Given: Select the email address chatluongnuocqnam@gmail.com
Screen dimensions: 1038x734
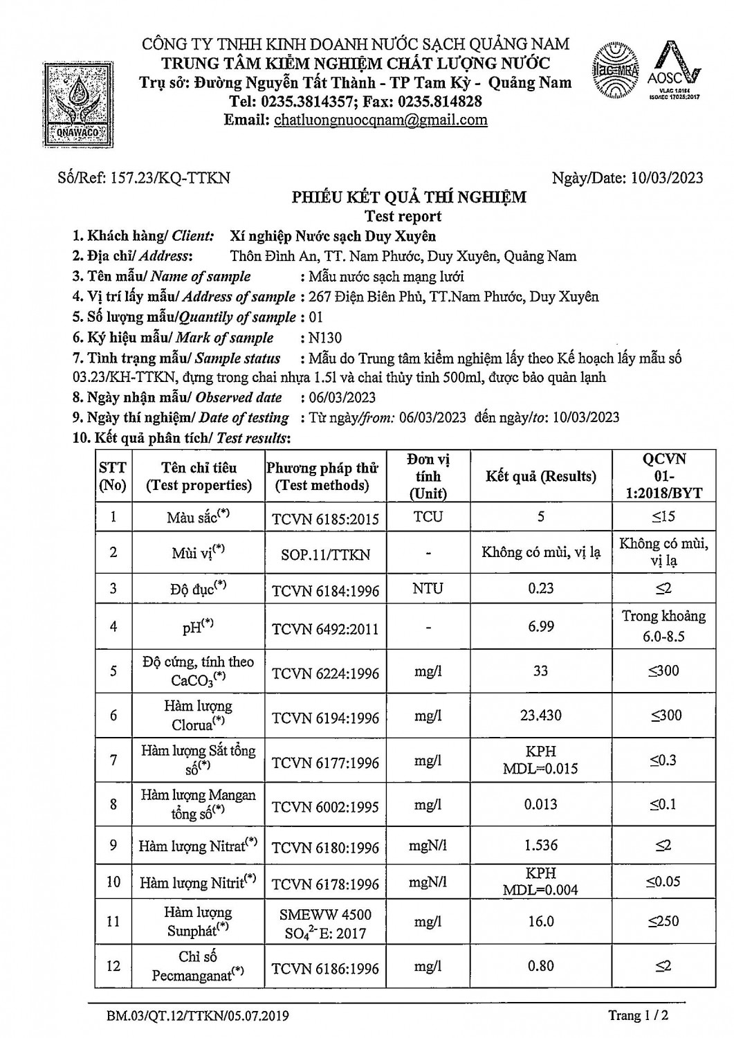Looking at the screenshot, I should (380, 120).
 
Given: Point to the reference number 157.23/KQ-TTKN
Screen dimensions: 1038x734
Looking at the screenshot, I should (169, 178).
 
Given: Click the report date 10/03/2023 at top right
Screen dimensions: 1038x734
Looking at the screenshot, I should (667, 178).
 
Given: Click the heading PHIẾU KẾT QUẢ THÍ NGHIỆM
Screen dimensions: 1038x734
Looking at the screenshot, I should (408, 197).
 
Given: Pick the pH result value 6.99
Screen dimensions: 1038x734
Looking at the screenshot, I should (540, 626).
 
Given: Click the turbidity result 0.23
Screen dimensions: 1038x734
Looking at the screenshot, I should (540, 589).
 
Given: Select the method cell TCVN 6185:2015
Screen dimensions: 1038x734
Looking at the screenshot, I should (325, 518).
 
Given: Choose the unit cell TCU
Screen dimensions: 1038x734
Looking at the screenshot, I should (428, 517).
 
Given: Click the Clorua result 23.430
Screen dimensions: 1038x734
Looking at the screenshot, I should (540, 716).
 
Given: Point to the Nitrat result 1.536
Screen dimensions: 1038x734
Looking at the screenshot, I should (540, 845).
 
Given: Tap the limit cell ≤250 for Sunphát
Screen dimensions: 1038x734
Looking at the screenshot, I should (663, 921).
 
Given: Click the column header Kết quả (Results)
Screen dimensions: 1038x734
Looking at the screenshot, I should (540, 476).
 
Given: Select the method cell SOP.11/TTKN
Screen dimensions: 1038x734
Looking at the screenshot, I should (325, 554).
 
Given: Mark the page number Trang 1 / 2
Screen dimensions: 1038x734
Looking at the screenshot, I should (638, 1015).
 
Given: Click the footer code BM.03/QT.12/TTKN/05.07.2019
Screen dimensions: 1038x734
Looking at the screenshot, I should (198, 1016).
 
